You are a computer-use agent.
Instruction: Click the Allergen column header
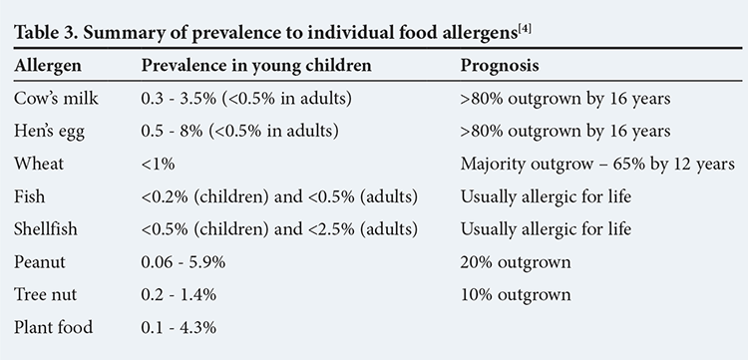[x=48, y=66]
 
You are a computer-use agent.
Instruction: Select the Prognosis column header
[x=500, y=66]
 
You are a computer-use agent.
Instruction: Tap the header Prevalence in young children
[x=256, y=66]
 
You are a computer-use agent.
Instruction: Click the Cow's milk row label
[x=56, y=98]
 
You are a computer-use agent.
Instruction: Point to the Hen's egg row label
[x=49, y=131]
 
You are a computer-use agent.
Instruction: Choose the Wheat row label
[x=39, y=164]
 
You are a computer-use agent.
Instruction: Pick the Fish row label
[x=30, y=196]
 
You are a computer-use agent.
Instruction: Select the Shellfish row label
[x=45, y=229]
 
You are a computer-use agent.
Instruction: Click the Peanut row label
[x=40, y=262]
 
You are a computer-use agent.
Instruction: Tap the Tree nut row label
[x=45, y=294]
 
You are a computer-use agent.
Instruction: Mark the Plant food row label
[x=54, y=327]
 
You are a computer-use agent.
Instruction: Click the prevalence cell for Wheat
[x=158, y=164]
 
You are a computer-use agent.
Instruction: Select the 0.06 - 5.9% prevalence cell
[x=184, y=262]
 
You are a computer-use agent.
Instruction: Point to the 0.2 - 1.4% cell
[x=179, y=294]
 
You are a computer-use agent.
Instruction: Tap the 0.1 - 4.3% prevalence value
[x=179, y=327]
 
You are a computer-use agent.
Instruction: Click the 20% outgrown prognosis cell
[x=516, y=262]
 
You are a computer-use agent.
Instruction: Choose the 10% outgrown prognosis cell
[x=516, y=294]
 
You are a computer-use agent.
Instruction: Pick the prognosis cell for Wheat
[x=597, y=164]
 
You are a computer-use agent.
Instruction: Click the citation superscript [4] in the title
[x=524, y=30]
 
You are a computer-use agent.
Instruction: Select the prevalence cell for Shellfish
[x=279, y=229]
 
